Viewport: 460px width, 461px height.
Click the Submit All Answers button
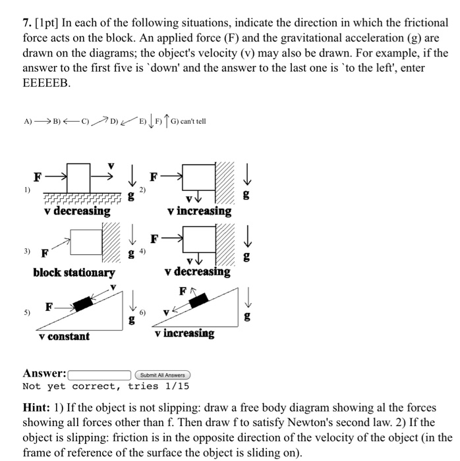click(161, 375)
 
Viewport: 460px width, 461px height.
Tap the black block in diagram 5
click(83, 304)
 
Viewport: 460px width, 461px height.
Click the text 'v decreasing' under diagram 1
click(77, 211)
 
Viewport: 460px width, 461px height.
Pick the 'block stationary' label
click(74, 272)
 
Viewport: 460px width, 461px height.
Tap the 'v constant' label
click(64, 336)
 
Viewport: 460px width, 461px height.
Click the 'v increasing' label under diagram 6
click(185, 333)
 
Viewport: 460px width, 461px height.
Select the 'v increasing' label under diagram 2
click(199, 211)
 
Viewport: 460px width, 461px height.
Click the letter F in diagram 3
click(44, 252)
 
